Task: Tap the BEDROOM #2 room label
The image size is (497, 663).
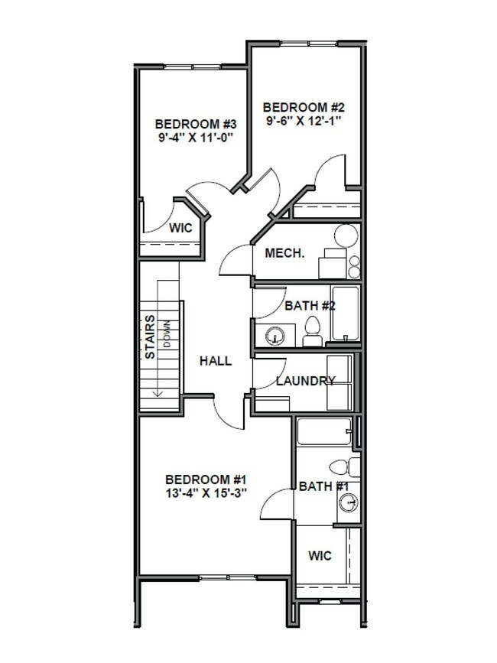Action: pyautogui.click(x=301, y=107)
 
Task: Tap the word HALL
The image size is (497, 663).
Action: pyautogui.click(x=216, y=361)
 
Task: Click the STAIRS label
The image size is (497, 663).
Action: pyautogui.click(x=151, y=337)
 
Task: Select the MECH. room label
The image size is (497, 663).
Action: pyautogui.click(x=285, y=253)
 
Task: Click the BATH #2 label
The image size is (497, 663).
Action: pyautogui.click(x=310, y=306)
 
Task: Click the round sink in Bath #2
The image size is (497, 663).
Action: pyautogui.click(x=274, y=334)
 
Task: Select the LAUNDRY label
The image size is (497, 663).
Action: pyautogui.click(x=305, y=381)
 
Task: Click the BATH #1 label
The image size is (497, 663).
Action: pyautogui.click(x=323, y=486)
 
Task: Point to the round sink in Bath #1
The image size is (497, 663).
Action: pyautogui.click(x=348, y=503)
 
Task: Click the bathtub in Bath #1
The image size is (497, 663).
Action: pyautogui.click(x=324, y=434)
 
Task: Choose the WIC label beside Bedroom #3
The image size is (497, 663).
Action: pyautogui.click(x=180, y=228)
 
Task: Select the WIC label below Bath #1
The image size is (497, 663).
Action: pyautogui.click(x=320, y=555)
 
